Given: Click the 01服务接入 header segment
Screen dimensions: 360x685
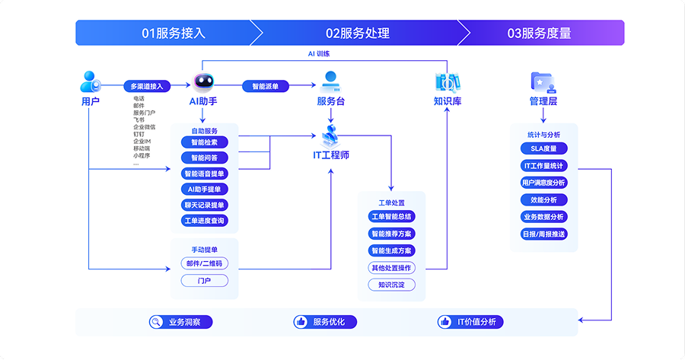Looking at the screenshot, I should tap(174, 33).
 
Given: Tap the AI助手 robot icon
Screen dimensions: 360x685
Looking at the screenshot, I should tap(203, 82).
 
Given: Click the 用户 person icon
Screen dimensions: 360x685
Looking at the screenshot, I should tap(91, 81).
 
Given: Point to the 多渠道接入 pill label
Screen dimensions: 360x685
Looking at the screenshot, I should tap(147, 87).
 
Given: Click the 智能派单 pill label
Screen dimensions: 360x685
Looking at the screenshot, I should tap(265, 87).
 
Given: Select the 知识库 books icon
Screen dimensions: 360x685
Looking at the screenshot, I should tap(447, 82).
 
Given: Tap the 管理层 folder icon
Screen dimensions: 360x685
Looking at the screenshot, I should tap(543, 82).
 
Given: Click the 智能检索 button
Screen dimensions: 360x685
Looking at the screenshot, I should tap(204, 142).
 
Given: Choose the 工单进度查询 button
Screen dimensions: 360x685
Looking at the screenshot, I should tap(204, 221).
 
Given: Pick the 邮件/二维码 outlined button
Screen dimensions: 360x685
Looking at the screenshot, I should tap(204, 263).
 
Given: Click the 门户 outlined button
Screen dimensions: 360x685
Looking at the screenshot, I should tap(204, 281).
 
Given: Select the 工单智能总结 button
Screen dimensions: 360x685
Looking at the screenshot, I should tap(391, 217).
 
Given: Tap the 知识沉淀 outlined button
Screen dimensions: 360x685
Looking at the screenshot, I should tap(391, 285).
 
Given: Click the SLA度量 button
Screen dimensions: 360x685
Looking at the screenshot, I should tap(543, 148).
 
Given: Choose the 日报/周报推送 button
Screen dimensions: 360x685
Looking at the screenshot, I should tap(543, 234).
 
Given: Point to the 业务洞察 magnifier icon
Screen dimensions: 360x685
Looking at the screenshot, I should tap(156, 322).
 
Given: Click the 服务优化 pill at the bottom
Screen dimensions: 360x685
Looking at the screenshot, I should tap(321, 322).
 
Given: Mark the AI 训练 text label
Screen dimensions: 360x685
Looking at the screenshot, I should tap(318, 54).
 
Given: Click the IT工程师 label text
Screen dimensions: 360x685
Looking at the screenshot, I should tap(331, 155).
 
